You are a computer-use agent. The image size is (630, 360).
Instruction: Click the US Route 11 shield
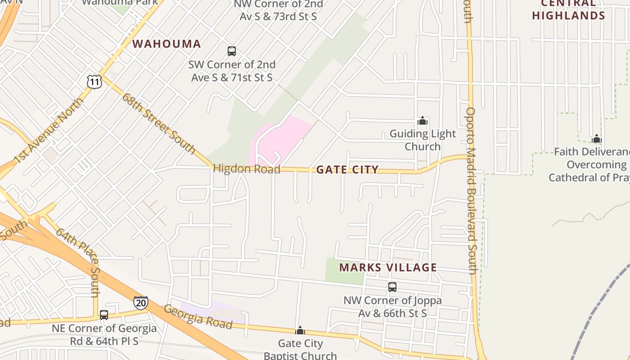point(94,81)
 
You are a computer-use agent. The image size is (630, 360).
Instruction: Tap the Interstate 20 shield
point(141,303)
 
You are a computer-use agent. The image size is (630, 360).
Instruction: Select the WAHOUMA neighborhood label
point(166,44)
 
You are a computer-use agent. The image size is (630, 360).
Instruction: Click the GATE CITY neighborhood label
point(347,170)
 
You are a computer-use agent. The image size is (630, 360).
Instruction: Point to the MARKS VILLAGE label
point(388,268)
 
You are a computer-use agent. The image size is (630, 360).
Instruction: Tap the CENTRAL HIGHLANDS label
point(569,10)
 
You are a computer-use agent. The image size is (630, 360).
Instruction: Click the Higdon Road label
point(247,169)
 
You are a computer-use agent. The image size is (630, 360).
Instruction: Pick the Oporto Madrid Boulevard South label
point(471,190)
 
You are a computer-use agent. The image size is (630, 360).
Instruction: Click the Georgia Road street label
point(198,317)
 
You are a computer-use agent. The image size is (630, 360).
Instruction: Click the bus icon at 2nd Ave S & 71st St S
point(232,51)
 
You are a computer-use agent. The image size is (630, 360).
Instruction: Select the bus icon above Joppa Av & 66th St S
point(392,287)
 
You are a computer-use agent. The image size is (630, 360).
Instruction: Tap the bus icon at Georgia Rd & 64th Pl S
point(104,315)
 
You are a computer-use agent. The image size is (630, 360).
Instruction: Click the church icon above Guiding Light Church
point(422,121)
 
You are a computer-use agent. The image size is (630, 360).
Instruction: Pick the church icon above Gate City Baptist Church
point(300,331)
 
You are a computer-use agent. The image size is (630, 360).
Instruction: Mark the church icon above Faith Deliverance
point(597,139)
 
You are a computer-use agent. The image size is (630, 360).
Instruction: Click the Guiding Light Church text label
point(423,140)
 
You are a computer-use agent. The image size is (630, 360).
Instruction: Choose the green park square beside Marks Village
point(344,270)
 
